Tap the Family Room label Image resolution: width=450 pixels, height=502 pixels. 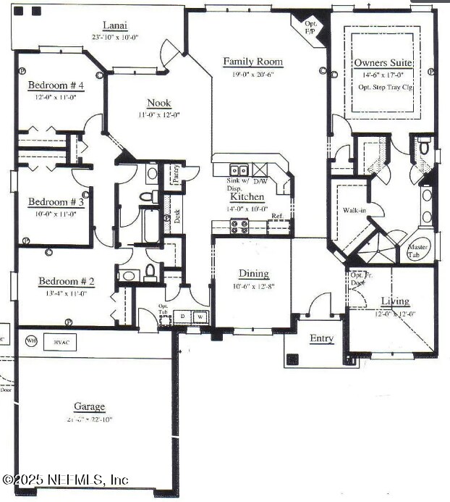pos(252,62)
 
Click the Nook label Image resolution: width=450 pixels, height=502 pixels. pos(159,103)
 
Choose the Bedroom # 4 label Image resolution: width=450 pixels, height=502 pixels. pos(56,85)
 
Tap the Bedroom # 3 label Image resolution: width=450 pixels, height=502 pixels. pos(56,202)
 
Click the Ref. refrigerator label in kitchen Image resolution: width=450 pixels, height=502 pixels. pos(277,217)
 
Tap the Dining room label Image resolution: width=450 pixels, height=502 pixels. pos(254,274)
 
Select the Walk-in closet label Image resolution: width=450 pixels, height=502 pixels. pos(355,211)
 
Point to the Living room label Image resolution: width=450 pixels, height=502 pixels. pos(395,301)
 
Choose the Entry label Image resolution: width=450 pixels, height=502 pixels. pos(321,338)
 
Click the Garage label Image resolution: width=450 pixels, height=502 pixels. pos(89,407)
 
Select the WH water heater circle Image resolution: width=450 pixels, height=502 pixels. pos(31,340)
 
